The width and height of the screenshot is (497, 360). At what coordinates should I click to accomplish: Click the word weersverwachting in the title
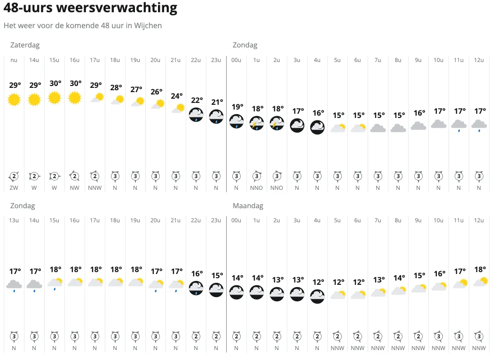point(124,8)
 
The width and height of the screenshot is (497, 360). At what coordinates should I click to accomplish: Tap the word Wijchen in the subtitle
point(149,25)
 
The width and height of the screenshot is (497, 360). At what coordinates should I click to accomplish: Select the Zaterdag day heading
point(25,45)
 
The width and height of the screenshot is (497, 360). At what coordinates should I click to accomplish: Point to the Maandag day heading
point(248,206)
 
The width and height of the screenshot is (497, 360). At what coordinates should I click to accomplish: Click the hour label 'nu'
point(15,60)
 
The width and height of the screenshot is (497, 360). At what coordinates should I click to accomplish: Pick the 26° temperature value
point(157,92)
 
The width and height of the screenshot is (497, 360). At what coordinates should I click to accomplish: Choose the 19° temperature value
point(237,107)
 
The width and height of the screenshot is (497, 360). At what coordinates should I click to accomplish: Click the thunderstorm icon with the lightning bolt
point(257,123)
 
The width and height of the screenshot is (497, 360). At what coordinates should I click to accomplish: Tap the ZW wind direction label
point(15,188)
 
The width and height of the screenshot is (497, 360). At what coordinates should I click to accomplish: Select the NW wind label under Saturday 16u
point(75,188)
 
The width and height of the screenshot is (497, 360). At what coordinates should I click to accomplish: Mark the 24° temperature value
point(177,96)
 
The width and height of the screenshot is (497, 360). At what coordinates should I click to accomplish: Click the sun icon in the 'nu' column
point(15,99)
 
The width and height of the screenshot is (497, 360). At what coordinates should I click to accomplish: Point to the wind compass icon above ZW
point(15,177)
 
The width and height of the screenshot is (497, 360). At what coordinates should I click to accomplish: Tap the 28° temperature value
point(116,87)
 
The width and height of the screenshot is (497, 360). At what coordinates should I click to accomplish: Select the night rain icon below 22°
point(197,115)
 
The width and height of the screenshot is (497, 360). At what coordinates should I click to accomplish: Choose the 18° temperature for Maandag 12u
point(480,270)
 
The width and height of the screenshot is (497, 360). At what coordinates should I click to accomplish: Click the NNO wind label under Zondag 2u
point(277,188)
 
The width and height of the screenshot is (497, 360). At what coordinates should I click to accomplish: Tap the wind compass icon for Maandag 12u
point(479,337)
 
